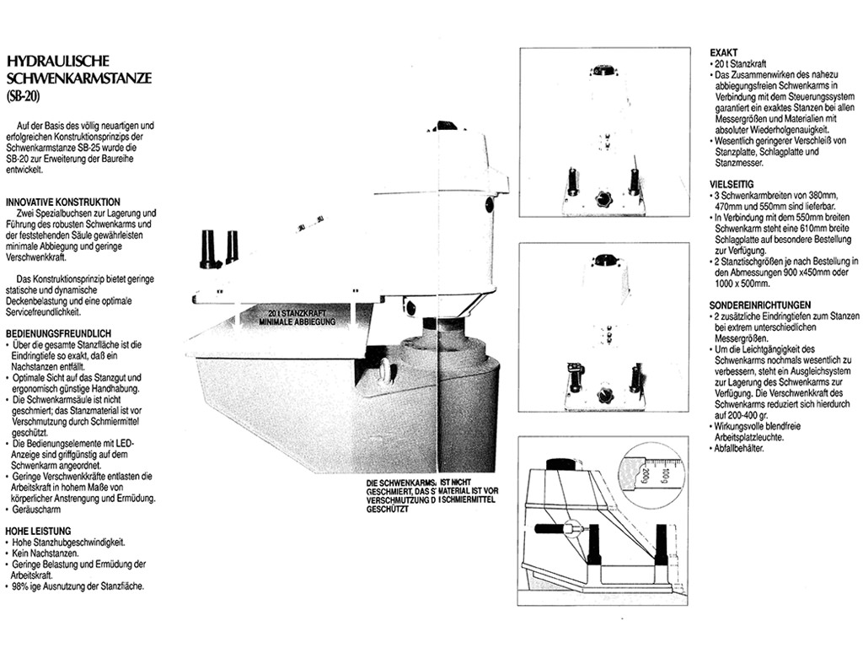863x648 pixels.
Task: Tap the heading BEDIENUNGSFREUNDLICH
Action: pyautogui.click(x=58, y=334)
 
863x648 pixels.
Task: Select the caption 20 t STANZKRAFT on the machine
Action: pyautogui.click(x=297, y=313)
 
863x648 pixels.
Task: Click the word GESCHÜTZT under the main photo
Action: pyautogui.click(x=388, y=510)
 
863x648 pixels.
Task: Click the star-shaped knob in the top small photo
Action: pyautogui.click(x=603, y=199)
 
